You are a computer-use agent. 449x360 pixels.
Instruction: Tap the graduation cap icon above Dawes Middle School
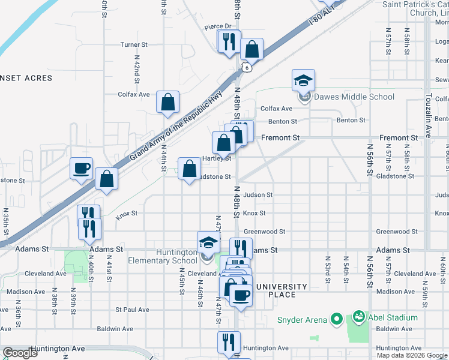(x=304, y=80)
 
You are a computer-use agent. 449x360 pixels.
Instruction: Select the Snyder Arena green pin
(x=336, y=319)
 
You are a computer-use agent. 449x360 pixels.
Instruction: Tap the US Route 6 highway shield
(x=246, y=68)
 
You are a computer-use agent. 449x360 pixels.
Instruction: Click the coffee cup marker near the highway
(x=81, y=169)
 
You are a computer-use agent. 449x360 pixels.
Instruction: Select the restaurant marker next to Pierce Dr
(x=228, y=41)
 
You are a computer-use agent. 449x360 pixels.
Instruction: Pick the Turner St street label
(x=134, y=45)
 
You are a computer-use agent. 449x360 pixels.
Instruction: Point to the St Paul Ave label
(x=132, y=310)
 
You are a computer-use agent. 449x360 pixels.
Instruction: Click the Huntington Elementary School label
(x=163, y=257)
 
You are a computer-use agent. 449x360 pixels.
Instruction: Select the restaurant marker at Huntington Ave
(x=228, y=343)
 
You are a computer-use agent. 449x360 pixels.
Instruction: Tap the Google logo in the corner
(x=20, y=353)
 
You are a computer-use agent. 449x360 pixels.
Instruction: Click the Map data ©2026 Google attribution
(x=412, y=355)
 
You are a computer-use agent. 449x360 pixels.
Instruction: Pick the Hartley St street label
(x=217, y=159)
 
